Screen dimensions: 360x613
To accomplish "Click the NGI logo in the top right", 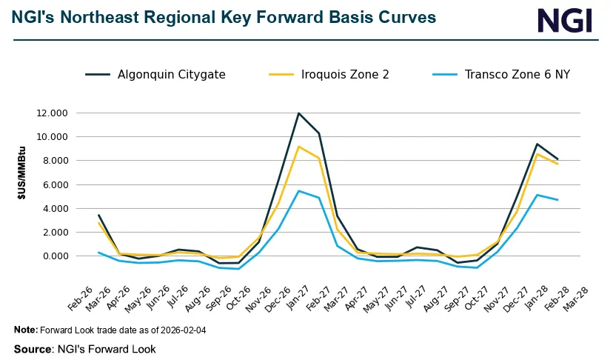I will click(x=565, y=20).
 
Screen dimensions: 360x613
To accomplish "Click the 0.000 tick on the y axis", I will click(x=55, y=256).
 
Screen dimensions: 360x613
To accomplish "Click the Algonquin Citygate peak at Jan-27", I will click(x=298, y=113).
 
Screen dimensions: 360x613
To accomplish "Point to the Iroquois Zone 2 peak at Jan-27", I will click(x=298, y=147).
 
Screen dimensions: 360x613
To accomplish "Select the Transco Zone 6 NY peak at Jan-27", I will click(x=298, y=191).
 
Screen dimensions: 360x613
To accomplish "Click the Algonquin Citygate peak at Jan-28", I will click(x=537, y=144).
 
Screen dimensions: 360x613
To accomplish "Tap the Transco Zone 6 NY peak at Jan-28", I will click(x=537, y=195).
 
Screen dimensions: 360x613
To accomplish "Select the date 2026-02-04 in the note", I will click(x=179, y=330).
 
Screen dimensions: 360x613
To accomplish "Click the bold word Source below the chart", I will click(x=33, y=349).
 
